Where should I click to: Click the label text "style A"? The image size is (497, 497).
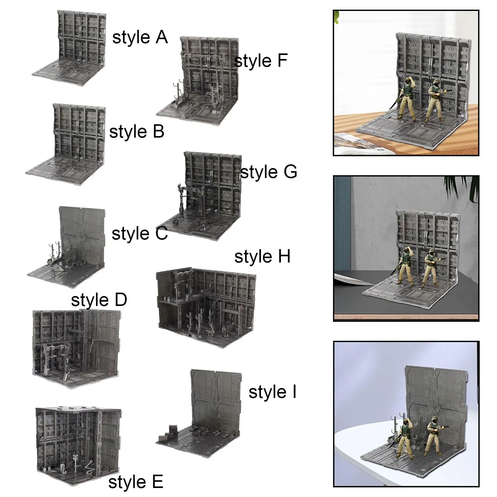(x=140, y=38)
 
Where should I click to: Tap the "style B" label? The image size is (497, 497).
(x=137, y=132)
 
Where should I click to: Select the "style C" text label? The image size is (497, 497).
(x=139, y=234)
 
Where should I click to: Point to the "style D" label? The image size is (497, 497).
(x=99, y=300)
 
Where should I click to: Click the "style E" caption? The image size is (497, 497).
(x=136, y=482)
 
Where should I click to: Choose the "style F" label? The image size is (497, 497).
(x=261, y=61)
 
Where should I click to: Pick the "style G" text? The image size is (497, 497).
(x=269, y=172)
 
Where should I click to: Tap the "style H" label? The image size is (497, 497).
(x=262, y=257)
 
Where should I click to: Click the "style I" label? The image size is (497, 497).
(x=272, y=392)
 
